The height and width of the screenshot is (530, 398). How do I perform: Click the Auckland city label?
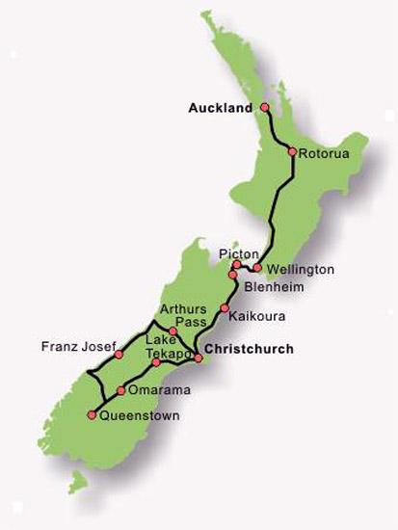point(220,108)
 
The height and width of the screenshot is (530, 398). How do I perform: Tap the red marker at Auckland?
point(262,109)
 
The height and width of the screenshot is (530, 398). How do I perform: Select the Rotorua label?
point(320,153)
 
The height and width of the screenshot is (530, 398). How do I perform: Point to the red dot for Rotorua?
point(291,151)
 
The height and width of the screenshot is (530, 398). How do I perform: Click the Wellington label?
point(300,270)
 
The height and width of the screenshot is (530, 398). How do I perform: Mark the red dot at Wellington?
point(257,268)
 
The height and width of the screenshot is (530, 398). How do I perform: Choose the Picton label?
point(239,252)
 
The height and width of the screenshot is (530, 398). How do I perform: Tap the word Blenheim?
point(270,287)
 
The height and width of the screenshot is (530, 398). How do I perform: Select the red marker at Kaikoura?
point(225,309)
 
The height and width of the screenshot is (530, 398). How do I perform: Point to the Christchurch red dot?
point(199,358)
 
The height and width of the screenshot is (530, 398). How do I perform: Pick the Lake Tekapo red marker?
point(156,362)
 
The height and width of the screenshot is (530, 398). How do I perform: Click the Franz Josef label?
point(79,345)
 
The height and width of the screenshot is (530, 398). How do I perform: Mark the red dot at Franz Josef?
point(119,355)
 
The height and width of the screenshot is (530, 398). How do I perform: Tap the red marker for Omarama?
point(120,390)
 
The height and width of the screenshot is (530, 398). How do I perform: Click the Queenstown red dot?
point(92,415)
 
